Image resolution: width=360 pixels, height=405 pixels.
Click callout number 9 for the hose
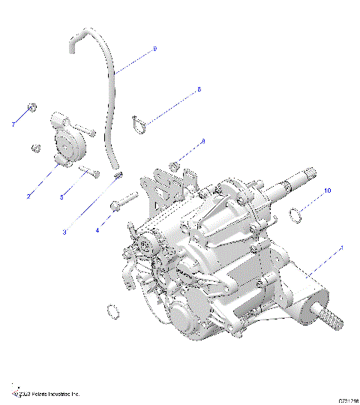coord(154,48)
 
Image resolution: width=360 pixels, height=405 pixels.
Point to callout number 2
coord(28,196)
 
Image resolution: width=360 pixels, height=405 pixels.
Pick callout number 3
coord(64,232)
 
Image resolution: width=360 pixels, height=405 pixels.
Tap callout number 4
coord(97,231)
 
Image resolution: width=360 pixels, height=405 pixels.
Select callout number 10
coord(327,192)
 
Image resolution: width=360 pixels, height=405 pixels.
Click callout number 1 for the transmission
coord(342,247)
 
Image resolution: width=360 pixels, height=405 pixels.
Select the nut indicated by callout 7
coord(31,107)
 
